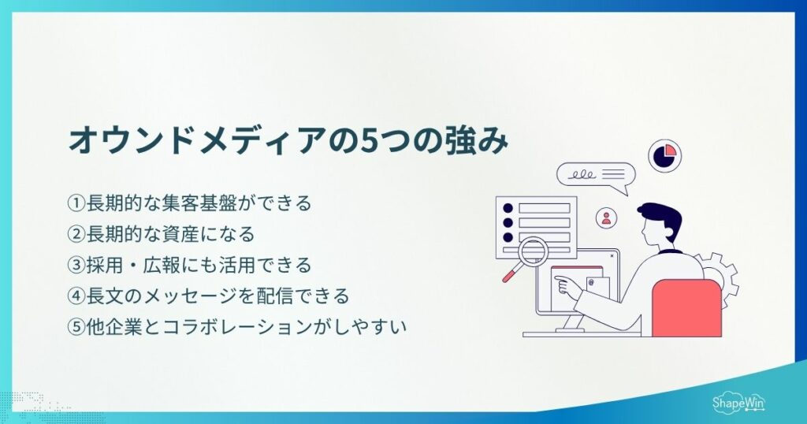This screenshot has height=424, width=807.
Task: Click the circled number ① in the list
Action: pos(76,203)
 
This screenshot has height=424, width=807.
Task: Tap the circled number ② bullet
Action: pos(76,234)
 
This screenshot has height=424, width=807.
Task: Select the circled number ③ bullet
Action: pos(76,264)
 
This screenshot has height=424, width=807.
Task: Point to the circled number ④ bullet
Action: pos(76,296)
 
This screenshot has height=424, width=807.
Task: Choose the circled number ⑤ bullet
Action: pos(76,325)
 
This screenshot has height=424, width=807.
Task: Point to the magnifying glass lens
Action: pos(534,252)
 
